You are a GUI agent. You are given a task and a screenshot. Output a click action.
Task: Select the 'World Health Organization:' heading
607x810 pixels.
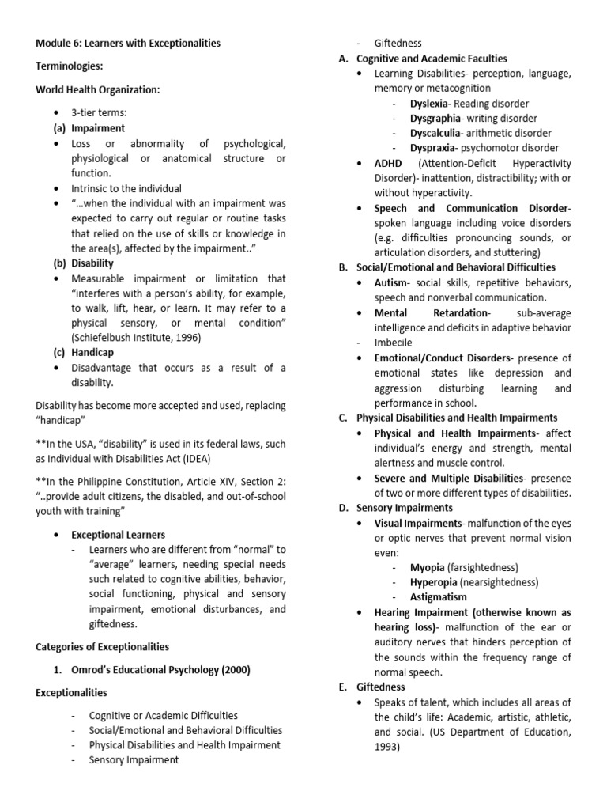(x=97, y=90)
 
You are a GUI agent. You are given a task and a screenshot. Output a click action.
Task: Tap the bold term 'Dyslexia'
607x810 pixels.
(x=429, y=104)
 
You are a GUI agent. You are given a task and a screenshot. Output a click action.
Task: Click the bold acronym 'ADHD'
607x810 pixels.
(x=388, y=163)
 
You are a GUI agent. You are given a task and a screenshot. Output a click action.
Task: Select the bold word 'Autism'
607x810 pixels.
(x=391, y=282)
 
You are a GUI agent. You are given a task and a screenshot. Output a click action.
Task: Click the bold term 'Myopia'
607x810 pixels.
(x=428, y=567)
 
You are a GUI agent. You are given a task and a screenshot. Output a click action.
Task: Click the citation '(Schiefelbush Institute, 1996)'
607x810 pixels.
(x=136, y=338)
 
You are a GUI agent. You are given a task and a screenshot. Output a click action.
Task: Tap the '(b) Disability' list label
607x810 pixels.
(x=84, y=263)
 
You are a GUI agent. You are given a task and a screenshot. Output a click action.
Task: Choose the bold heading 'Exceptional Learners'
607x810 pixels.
(x=119, y=535)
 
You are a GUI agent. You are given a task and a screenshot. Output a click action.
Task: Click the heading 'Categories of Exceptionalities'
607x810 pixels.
(x=103, y=646)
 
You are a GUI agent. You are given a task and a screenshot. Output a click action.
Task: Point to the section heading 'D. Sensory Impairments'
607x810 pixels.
(x=394, y=507)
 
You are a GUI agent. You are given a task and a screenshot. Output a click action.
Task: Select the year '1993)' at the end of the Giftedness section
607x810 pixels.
(x=387, y=746)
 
